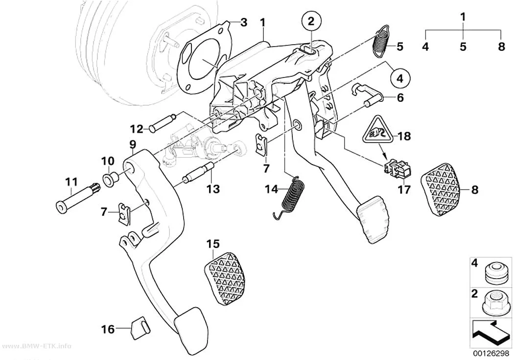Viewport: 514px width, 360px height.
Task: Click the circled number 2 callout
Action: point(311,22)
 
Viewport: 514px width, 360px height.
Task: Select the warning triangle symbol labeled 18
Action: point(377,130)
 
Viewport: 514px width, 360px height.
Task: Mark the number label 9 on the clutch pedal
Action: point(133,144)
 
